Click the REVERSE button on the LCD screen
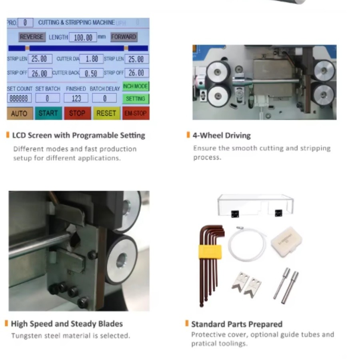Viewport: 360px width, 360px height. (31, 37)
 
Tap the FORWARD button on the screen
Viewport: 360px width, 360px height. (124, 37)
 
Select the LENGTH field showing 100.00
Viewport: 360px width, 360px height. (83, 37)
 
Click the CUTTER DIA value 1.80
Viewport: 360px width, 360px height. (92, 59)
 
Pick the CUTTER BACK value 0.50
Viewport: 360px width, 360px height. (91, 73)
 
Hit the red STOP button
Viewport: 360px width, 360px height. (77, 113)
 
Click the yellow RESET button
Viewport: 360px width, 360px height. (106, 113)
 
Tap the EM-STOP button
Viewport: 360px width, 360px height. (135, 113)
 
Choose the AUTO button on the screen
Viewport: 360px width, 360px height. (20, 113)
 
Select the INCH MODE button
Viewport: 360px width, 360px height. (136, 86)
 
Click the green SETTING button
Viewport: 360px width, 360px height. (136, 98)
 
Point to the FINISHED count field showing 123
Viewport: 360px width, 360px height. (76, 98)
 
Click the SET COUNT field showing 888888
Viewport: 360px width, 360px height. (19, 98)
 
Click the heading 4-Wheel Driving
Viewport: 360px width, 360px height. (221, 135)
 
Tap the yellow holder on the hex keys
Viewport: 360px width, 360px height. (210, 252)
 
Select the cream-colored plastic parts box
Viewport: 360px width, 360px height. (286, 241)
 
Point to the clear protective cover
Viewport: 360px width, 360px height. (255, 204)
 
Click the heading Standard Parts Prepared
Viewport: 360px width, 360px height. (236, 324)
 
